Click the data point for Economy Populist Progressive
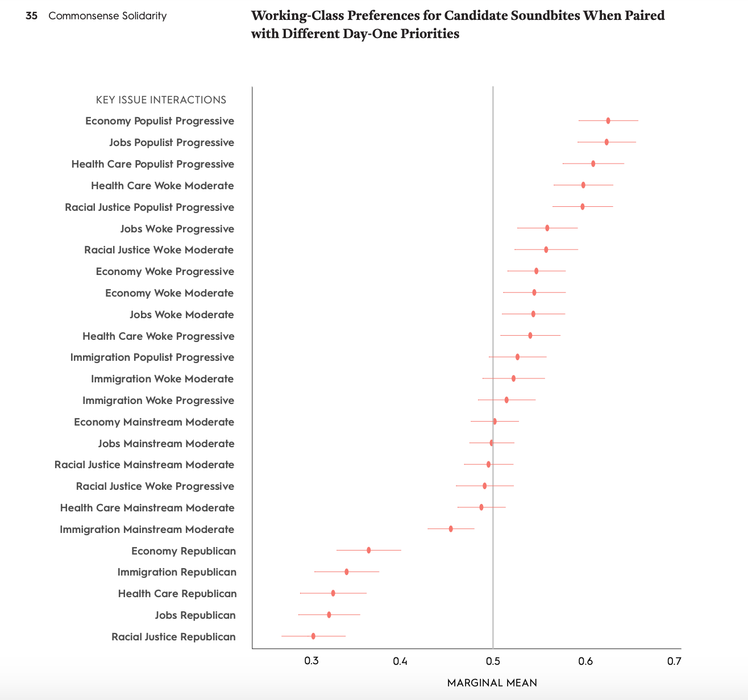pos(608,120)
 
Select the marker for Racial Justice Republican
pos(313,636)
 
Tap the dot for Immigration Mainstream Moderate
pos(451,528)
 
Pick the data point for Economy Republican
pos(368,550)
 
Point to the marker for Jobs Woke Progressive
pos(547,228)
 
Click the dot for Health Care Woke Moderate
pos(583,185)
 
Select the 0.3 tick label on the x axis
pos(311,661)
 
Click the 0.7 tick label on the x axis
pos(674,661)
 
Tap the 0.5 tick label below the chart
pos(493,661)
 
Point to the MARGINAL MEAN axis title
pos(492,682)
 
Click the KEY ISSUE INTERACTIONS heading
pos(161,100)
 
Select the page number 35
pos(32,16)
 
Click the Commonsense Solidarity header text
pos(107,16)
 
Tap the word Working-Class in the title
pos(292,15)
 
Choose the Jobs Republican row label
pos(195,615)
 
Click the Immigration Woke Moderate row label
pos(162,379)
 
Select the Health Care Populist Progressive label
pos(152,164)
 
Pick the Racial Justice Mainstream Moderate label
pos(144,465)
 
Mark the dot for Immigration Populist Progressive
pos(517,357)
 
